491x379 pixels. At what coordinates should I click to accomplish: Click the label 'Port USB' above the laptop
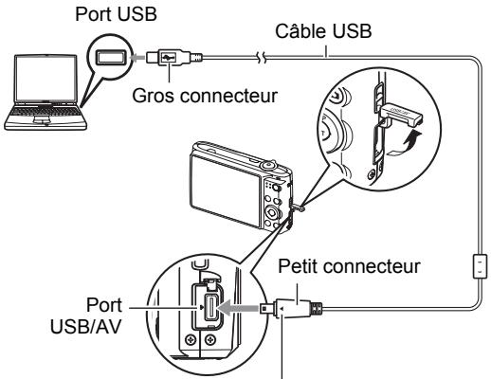(116, 14)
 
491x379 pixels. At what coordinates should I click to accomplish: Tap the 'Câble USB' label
(323, 31)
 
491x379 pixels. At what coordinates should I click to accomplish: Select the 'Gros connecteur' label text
(205, 95)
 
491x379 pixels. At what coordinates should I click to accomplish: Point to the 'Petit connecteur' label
(349, 266)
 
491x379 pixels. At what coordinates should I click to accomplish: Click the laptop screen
(46, 79)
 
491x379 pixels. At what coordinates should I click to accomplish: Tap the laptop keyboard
(45, 111)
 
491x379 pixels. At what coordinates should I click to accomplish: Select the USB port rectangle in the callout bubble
(110, 58)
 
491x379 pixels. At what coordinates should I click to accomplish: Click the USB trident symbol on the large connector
(168, 57)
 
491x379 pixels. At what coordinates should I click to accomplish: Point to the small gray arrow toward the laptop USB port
(137, 58)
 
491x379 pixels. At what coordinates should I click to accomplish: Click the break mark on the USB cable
(262, 58)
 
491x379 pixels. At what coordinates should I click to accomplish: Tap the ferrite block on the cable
(479, 266)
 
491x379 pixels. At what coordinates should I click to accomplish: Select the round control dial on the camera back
(272, 212)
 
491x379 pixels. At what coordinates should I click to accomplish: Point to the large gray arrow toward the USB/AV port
(239, 307)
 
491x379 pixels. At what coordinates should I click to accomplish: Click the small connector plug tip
(264, 308)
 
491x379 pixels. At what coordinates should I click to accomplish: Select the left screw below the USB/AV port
(191, 340)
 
